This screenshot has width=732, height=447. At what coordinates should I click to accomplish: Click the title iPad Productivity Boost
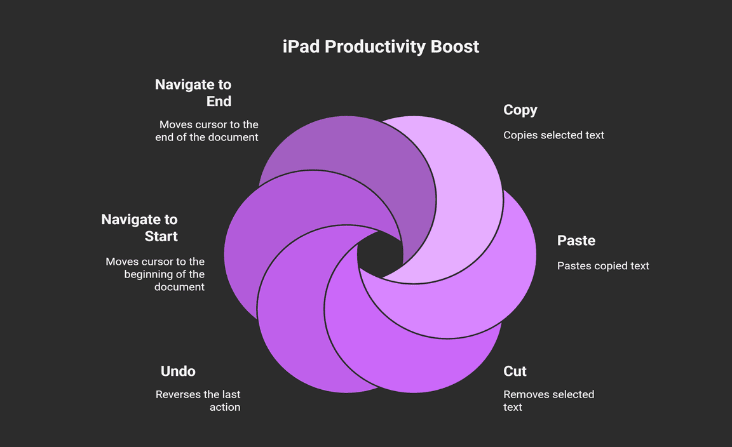[381, 46]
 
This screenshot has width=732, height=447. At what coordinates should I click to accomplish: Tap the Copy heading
[520, 110]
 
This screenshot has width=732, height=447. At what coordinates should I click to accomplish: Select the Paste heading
[576, 240]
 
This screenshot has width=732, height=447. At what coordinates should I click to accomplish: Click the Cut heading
[515, 371]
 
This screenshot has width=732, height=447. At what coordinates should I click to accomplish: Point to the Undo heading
[178, 371]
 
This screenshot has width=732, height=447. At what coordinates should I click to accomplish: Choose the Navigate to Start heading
[139, 228]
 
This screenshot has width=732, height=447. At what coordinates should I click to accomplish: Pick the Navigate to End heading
[193, 93]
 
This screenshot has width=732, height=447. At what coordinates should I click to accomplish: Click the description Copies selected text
[553, 135]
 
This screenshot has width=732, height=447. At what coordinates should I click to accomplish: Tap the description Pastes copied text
[602, 266]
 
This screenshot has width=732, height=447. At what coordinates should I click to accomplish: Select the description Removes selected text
[548, 401]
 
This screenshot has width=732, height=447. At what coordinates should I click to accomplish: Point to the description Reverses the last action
[198, 401]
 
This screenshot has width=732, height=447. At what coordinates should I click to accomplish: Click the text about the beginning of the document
[155, 274]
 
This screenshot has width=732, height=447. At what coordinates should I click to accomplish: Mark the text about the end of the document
[207, 131]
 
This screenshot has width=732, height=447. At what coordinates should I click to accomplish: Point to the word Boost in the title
[455, 46]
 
